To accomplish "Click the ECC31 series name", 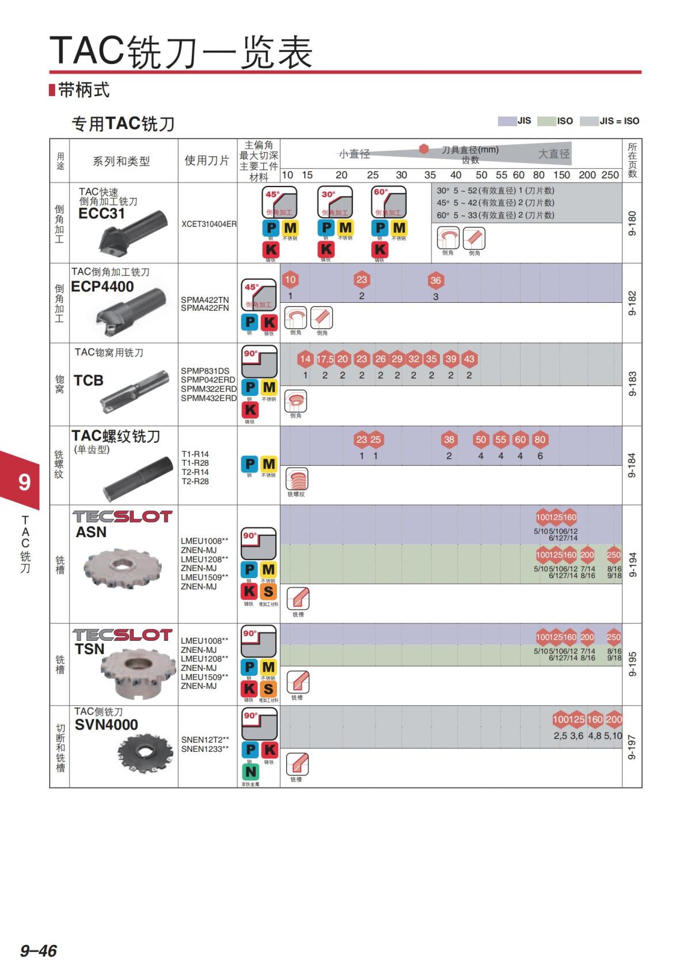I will (x=101, y=214).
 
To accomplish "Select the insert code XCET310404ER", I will (x=208, y=224).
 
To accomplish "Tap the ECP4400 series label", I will (x=102, y=287).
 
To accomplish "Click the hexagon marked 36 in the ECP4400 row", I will (x=435, y=280).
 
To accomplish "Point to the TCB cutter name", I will (x=88, y=381).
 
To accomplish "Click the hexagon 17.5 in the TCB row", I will (x=325, y=359).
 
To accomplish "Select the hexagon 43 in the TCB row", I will (x=469, y=359).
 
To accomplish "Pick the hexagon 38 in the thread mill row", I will (x=449, y=439).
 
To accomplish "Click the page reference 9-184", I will (x=632, y=465).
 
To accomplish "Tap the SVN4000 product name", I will (x=106, y=725).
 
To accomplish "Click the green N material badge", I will (x=250, y=771).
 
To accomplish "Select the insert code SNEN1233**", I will (x=205, y=749).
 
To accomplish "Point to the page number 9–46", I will (x=39, y=951).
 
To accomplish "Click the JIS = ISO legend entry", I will (x=610, y=121).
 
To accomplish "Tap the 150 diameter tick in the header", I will (x=561, y=175).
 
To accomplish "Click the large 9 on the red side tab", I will (x=24, y=482).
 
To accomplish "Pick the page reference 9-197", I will (x=632, y=747).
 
